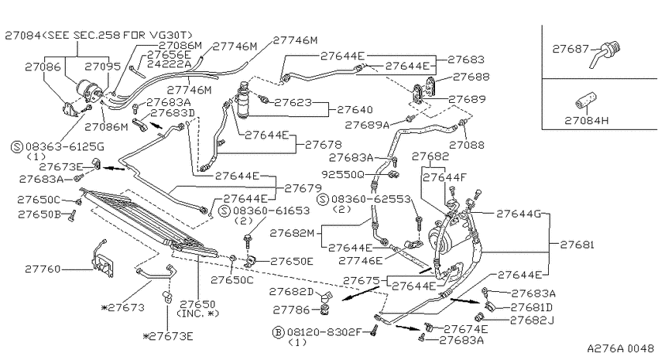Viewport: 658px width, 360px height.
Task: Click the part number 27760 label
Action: tap(43, 269)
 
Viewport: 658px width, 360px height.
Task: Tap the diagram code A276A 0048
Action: tap(620, 348)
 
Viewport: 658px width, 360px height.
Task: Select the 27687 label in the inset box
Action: tap(571, 49)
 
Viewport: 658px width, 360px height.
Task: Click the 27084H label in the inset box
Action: tap(586, 121)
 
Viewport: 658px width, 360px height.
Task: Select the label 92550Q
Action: tap(343, 174)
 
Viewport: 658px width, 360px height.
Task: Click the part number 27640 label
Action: tap(355, 109)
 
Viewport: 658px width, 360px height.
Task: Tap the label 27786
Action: tap(291, 310)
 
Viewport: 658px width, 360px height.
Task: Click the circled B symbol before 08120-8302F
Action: tap(278, 332)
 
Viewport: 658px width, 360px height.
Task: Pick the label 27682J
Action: tap(532, 321)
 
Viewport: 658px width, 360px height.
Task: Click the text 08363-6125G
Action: tap(65, 147)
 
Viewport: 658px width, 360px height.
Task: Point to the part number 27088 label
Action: tap(467, 146)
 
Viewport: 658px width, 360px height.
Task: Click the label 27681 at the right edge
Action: tap(577, 245)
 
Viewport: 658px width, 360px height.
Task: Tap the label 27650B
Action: tap(39, 214)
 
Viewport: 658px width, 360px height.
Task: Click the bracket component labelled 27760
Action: tap(103, 261)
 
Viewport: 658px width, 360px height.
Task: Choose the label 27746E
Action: tap(361, 261)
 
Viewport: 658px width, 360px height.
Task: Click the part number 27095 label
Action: tap(103, 67)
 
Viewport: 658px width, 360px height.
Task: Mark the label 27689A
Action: tap(367, 125)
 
